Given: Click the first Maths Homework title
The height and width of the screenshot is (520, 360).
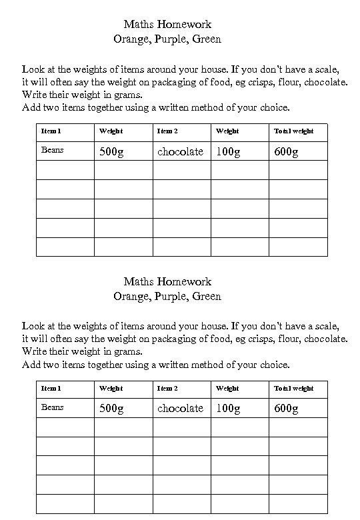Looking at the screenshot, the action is pos(167,25).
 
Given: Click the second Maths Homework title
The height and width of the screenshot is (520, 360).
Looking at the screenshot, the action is pos(167,282).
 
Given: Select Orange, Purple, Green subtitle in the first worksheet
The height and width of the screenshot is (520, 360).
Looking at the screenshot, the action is pos(167,39).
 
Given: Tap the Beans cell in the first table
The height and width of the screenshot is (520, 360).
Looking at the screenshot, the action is pos(53,150).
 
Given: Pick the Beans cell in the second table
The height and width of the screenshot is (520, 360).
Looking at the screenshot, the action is pos(53,407).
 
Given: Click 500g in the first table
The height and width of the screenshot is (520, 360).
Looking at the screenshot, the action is pos(111,151).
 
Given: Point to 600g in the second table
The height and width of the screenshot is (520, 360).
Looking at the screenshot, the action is pos(286,409).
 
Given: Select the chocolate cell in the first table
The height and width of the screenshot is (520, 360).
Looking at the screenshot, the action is pos(180,151).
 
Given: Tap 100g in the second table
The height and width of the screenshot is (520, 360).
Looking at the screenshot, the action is pos(228,409).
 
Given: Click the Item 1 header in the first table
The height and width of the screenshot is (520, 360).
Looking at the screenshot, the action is pos(51,131).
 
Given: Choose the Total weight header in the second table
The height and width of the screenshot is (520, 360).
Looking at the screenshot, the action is pos(294,389).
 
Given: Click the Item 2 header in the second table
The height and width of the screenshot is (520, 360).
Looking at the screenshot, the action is pos(167,389).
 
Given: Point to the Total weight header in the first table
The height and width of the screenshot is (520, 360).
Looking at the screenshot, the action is pos(294,131).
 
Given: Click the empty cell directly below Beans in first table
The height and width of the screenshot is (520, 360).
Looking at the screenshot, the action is pos(65,171).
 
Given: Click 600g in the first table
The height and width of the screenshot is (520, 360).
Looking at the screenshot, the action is pos(286,151).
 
